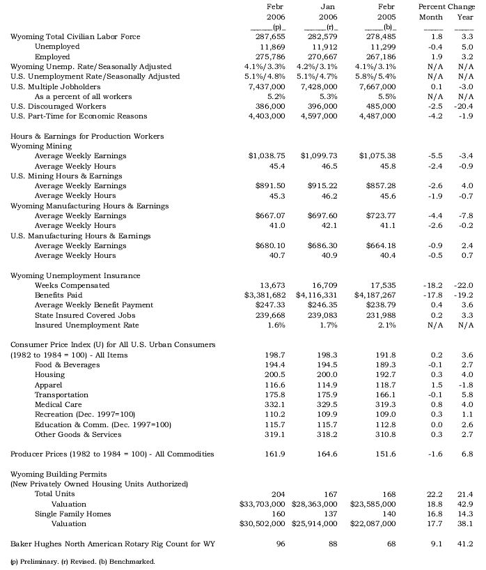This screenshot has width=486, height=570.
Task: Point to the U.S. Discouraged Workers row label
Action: [58, 107]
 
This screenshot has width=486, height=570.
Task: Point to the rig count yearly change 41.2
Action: [464, 543]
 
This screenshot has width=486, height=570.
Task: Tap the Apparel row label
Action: [48, 385]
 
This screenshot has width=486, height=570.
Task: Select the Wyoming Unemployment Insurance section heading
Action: [75, 276]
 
